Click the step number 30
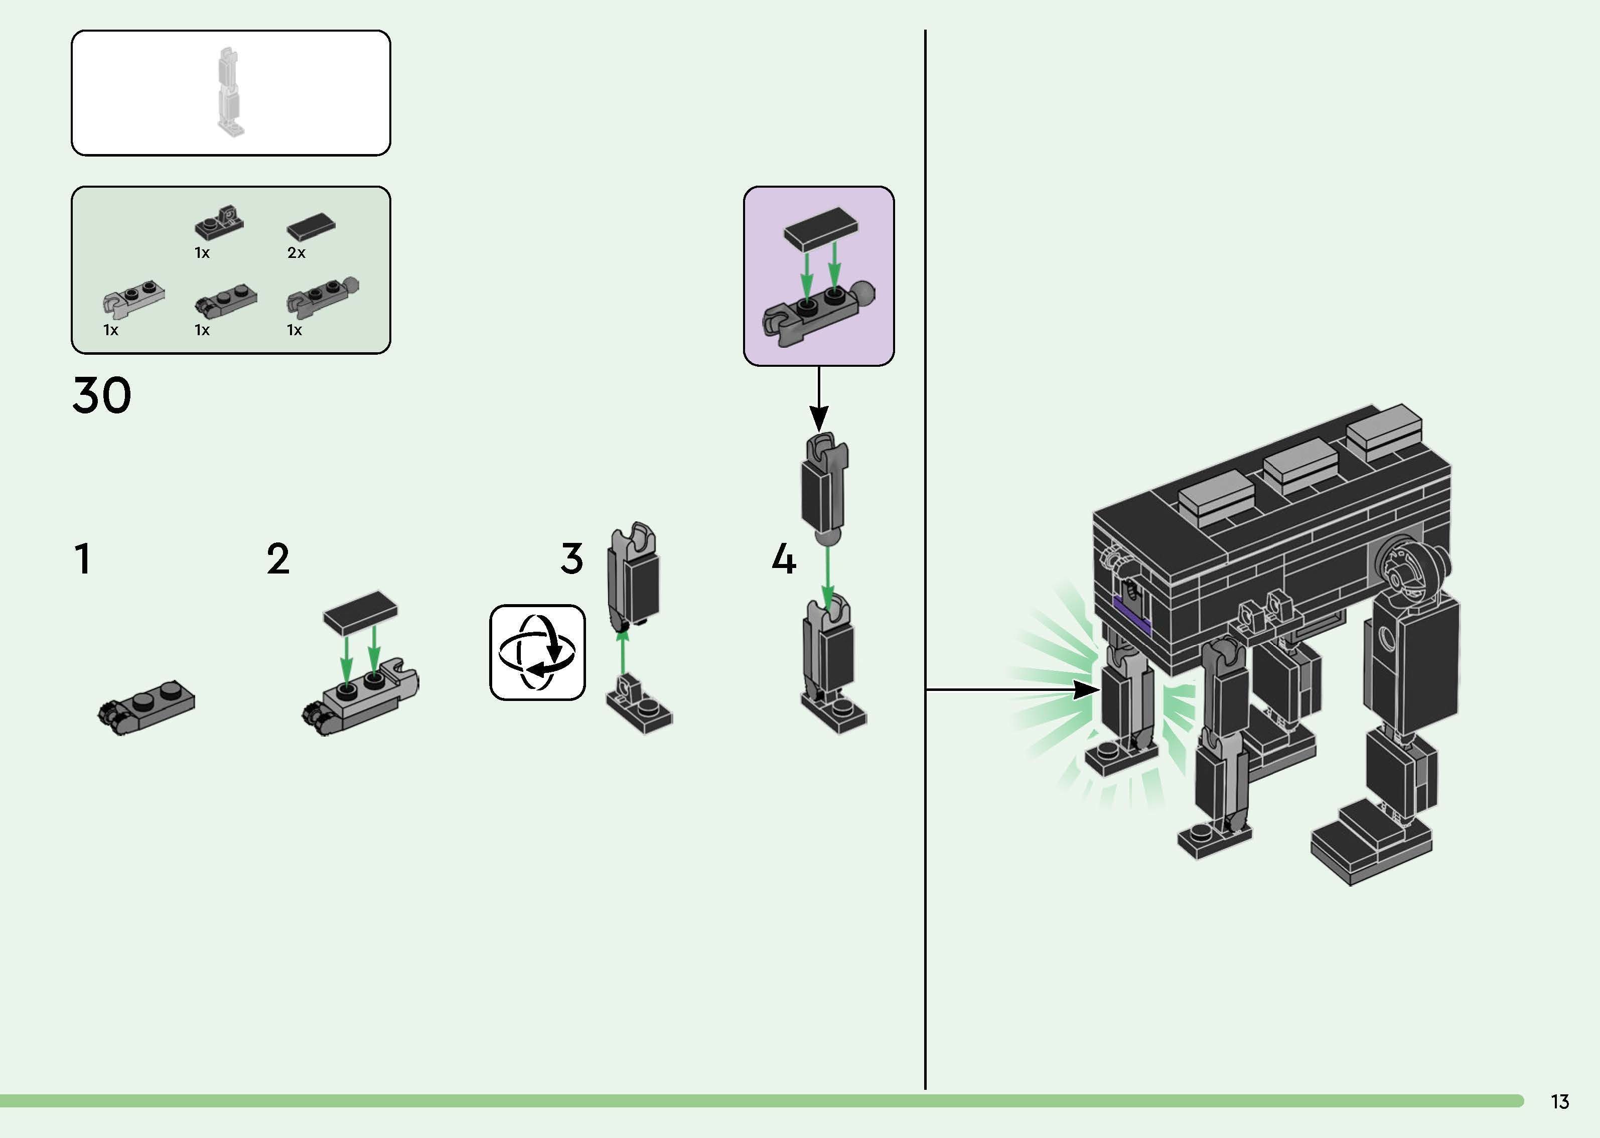pyautogui.click(x=101, y=395)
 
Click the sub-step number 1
pyautogui.click(x=83, y=559)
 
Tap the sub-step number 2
pyautogui.click(x=278, y=559)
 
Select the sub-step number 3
pyautogui.click(x=571, y=559)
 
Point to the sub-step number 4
pyautogui.click(x=784, y=559)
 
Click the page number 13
pyautogui.click(x=1559, y=1101)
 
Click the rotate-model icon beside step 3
pyautogui.click(x=537, y=652)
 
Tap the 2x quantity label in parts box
pyautogui.click(x=297, y=253)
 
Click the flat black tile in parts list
pyautogui.click(x=311, y=226)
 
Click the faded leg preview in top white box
pyautogui.click(x=229, y=91)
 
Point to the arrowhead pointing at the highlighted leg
pyautogui.click(x=1087, y=689)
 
